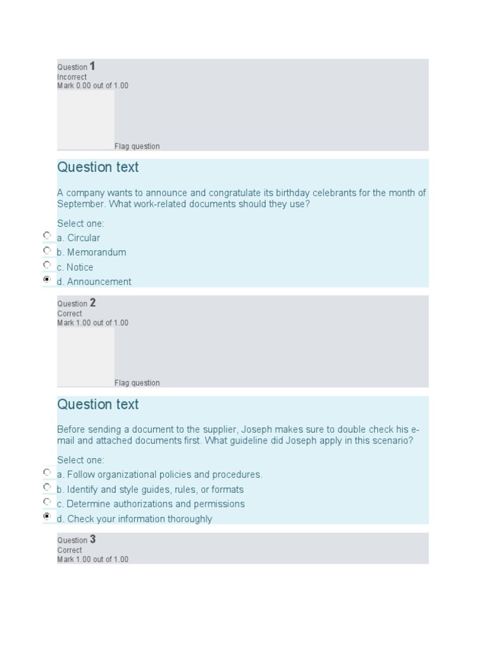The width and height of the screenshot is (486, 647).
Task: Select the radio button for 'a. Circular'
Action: click(47, 235)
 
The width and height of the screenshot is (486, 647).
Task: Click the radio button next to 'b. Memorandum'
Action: click(47, 250)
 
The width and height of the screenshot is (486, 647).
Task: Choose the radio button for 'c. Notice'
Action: click(47, 264)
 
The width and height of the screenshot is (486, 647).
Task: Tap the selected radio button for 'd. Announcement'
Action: click(47, 279)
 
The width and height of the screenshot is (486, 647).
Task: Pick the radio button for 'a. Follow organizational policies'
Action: click(47, 472)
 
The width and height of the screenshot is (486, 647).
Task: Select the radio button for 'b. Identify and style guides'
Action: click(47, 487)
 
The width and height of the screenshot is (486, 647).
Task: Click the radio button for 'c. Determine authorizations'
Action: click(47, 501)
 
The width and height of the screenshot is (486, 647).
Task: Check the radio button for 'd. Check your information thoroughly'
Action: click(47, 516)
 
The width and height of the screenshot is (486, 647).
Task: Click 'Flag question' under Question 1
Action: click(137, 147)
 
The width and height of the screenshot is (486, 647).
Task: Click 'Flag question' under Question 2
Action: click(137, 383)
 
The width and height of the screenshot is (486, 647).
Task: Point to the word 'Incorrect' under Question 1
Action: click(72, 77)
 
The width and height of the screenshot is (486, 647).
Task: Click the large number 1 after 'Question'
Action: click(92, 66)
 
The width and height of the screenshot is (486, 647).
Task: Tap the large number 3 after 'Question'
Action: click(92, 539)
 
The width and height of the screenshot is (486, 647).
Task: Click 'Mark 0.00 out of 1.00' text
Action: click(92, 86)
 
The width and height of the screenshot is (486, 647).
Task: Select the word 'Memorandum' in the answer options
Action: click(97, 252)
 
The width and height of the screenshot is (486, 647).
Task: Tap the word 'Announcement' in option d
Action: click(99, 282)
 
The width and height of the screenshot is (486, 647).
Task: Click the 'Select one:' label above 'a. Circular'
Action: click(80, 224)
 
